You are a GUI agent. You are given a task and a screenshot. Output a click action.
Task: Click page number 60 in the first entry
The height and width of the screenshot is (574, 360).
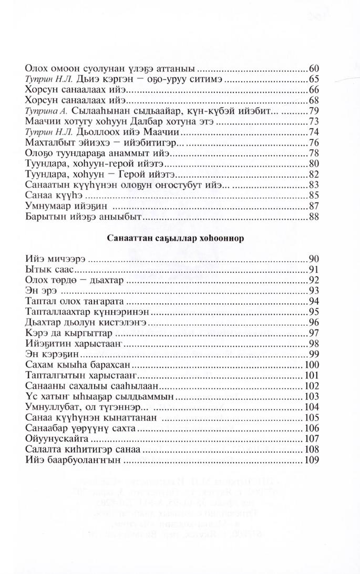(315, 68)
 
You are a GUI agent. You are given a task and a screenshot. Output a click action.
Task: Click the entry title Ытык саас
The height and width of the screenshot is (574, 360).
(47, 270)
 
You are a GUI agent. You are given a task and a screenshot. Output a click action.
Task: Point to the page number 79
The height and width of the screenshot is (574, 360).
(315, 110)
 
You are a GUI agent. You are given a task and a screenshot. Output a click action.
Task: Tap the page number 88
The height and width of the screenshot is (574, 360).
(315, 216)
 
